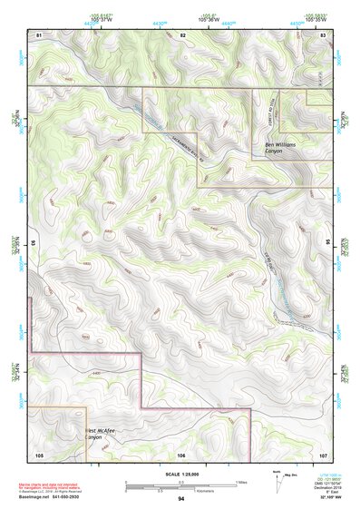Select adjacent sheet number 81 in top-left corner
(39, 34)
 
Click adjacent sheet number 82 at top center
(182, 34)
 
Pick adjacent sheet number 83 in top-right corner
(323, 34)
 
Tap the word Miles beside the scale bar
(241, 482)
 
